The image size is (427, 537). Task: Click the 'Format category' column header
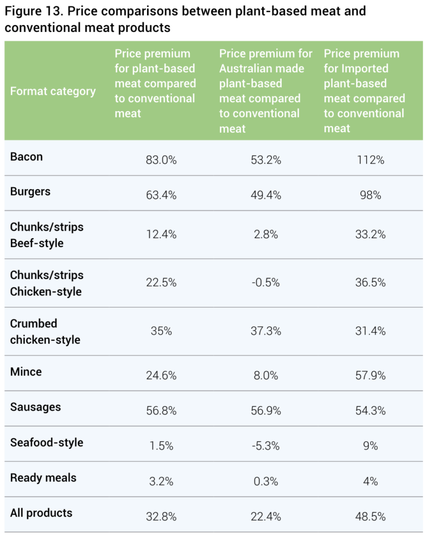pyautogui.click(x=53, y=91)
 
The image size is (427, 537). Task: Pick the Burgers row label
pyautogui.click(x=30, y=191)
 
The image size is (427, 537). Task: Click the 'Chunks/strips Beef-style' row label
pyautogui.click(x=47, y=235)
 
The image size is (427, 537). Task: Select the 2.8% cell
pyautogui.click(x=265, y=235)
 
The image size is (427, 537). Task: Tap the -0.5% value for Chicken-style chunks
pyautogui.click(x=265, y=283)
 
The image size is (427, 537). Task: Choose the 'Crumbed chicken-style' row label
pyautogui.click(x=45, y=331)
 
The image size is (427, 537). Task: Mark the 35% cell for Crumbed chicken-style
pyautogui.click(x=161, y=331)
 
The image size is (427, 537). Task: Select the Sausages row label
pyautogui.click(x=35, y=407)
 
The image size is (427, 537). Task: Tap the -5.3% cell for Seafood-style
pyautogui.click(x=265, y=446)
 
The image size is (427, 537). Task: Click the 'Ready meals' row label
pyautogui.click(x=43, y=478)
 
